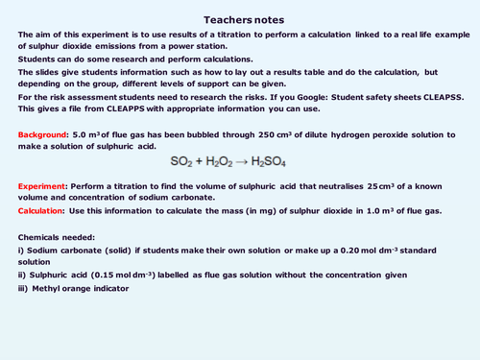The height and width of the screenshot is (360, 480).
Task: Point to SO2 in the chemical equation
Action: coord(184,159)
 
